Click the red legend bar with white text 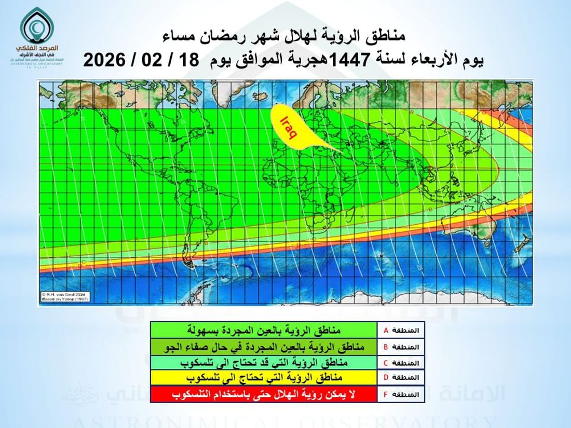coord(264,394)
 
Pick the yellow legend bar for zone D coord(264,378)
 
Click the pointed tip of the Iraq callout coord(343,153)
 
